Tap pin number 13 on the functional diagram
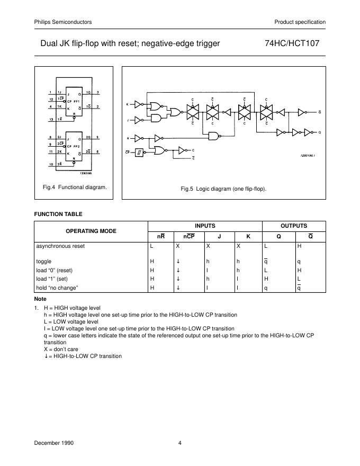coord(50,120)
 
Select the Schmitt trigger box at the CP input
coord(138,153)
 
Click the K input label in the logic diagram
coord(127,104)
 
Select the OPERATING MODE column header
coord(91,231)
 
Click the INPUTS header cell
coord(204,226)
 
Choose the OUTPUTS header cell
coord(293,226)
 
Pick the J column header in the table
coord(220,236)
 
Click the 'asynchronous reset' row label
coord(60,246)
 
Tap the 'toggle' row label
coord(43,261)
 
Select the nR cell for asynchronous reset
coord(152,246)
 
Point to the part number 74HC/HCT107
coord(292,43)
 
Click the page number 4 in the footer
coord(180,443)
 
